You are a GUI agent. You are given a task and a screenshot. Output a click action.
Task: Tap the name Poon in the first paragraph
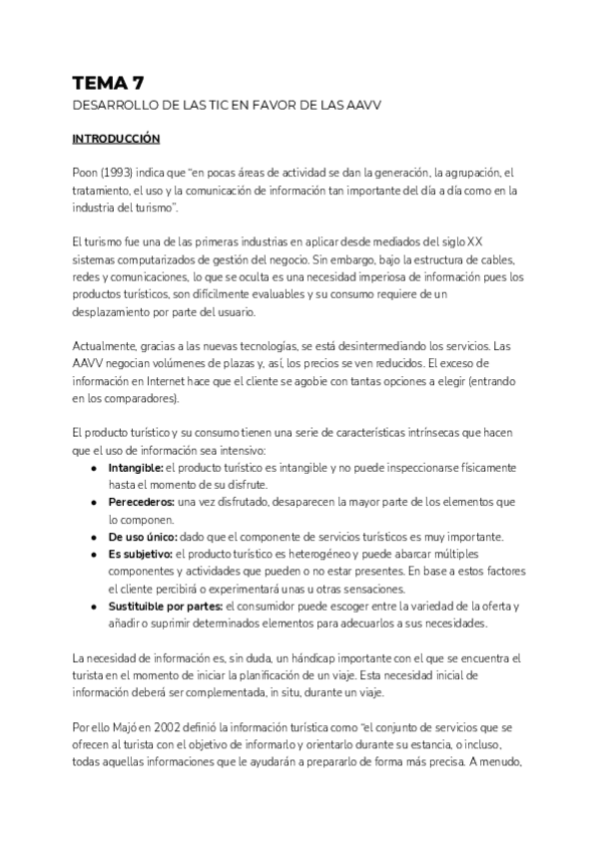(x=85, y=174)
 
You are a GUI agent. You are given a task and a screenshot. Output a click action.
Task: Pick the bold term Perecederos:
(x=141, y=502)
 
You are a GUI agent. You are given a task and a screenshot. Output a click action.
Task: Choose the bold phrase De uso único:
(x=142, y=537)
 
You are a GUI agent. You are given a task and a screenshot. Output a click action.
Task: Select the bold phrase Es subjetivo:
(x=140, y=554)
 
